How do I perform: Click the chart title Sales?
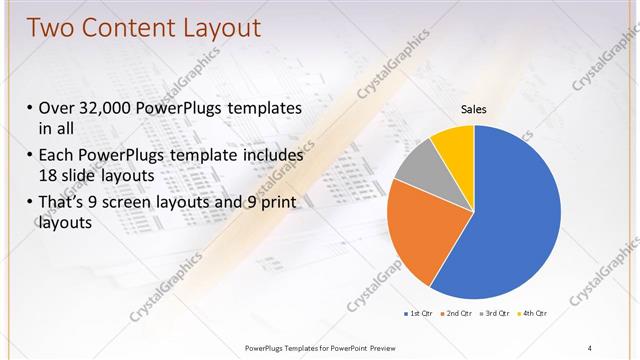point(473,109)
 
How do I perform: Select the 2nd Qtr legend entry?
point(459,313)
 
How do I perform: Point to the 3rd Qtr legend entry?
point(497,313)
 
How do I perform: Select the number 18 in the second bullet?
point(48,175)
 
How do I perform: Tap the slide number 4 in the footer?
point(590,347)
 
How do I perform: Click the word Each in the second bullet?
point(58,155)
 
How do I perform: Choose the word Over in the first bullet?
point(58,108)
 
